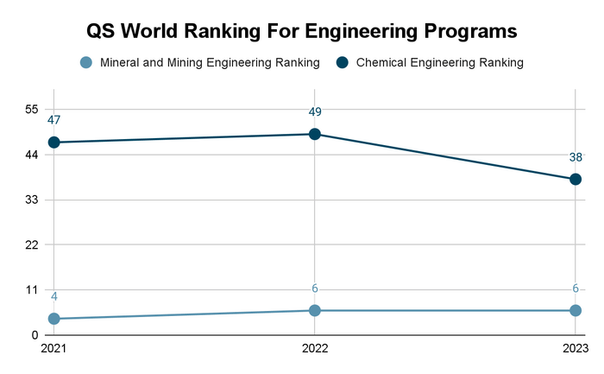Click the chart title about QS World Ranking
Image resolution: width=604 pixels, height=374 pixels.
tap(302, 31)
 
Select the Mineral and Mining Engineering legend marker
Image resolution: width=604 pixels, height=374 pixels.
tap(85, 62)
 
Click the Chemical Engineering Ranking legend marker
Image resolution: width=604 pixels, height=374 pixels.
tap(342, 62)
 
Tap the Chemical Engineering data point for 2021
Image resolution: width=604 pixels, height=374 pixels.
tap(54, 143)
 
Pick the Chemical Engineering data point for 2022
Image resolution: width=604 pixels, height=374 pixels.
tap(315, 134)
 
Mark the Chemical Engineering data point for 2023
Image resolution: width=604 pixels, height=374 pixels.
tap(576, 179)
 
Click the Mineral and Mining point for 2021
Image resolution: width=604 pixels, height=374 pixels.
tap(54, 319)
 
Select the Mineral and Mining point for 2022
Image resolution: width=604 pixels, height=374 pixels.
tap(315, 310)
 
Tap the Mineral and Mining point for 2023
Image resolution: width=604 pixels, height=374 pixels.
tap(576, 310)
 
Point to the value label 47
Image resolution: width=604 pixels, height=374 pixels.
tap(54, 120)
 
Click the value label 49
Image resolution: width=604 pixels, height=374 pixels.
tap(315, 111)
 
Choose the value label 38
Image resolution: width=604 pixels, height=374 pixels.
tap(576, 157)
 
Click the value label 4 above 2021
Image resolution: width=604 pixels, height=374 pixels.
tap(54, 297)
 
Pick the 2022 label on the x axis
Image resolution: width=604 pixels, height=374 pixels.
tap(315, 351)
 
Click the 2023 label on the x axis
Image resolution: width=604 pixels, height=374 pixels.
tap(574, 351)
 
